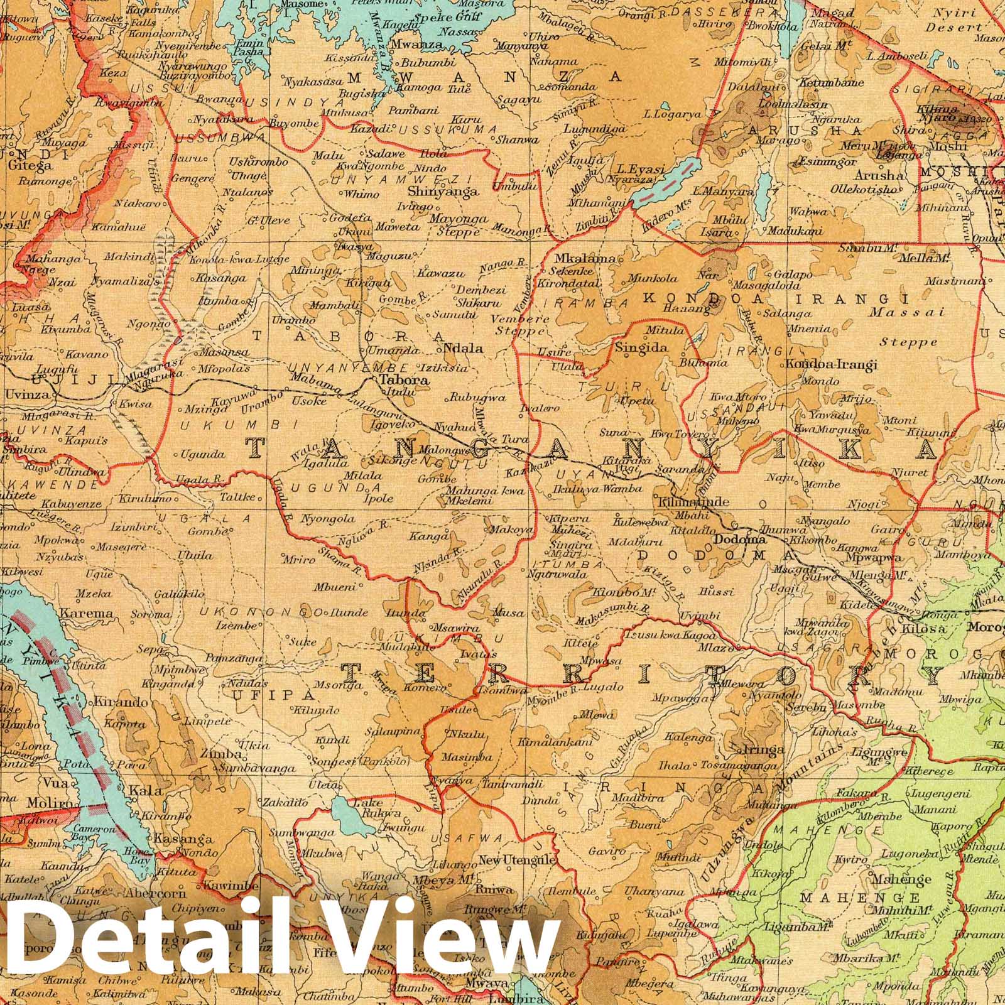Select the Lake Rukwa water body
click(x=345, y=813)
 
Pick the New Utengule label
click(x=516, y=860)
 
